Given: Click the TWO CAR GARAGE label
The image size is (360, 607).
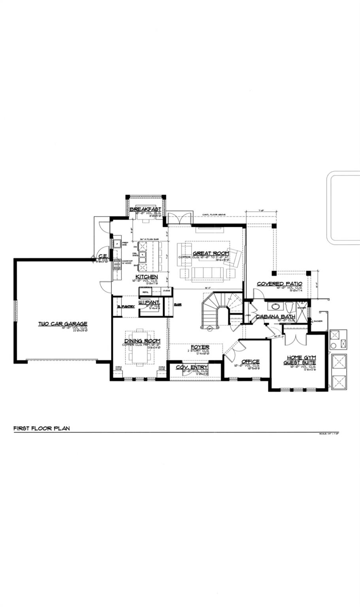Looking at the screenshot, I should [62, 324].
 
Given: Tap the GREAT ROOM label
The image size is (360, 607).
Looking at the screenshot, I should [211, 253].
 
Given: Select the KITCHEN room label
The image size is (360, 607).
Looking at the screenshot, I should [147, 277].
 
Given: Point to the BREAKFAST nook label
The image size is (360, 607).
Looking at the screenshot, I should [145, 209].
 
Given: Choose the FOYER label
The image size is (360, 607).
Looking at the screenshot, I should [200, 347].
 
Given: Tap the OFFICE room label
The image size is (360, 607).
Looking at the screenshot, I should [250, 361].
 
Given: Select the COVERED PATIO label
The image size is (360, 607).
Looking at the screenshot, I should [279, 284].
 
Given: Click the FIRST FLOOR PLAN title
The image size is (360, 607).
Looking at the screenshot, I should [41, 428].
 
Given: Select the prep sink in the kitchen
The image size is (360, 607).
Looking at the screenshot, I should [117, 243].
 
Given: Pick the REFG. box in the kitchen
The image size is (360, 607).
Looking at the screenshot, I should [145, 291].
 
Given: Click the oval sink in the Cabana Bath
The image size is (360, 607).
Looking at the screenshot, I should [274, 306].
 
